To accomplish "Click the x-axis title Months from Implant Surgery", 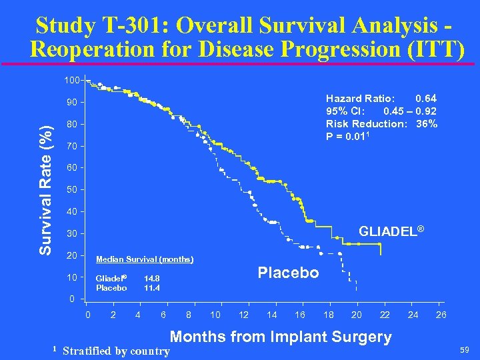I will click(281, 337).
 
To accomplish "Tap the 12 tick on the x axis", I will click(244, 315).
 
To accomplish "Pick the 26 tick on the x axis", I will click(441, 315).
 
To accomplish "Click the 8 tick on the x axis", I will click(189, 315).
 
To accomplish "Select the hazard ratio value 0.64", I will click(425, 99).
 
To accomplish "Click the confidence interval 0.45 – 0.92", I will click(410, 111).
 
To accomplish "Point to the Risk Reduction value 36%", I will click(427, 123).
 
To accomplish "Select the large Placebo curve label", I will click(288, 273).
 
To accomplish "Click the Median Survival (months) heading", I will click(145, 259).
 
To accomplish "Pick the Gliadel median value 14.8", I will click(152, 279).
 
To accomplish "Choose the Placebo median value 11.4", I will click(152, 288).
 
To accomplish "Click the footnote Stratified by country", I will click(116, 351).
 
